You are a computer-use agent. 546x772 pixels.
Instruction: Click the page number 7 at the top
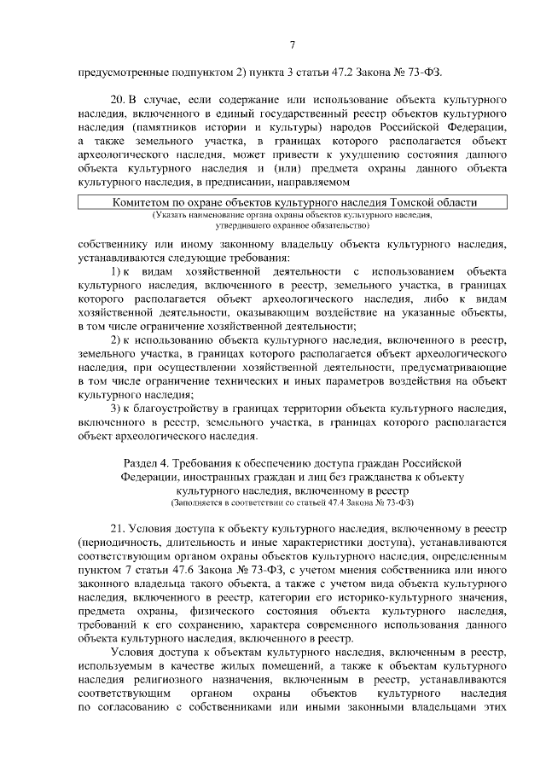[292, 44]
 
